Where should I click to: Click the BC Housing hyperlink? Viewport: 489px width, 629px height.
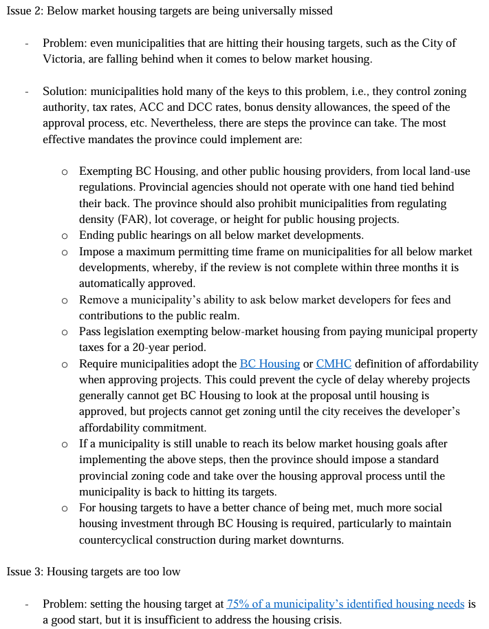point(269,363)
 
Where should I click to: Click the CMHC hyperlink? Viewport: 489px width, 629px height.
point(334,363)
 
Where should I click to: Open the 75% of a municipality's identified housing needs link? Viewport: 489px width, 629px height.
point(345,604)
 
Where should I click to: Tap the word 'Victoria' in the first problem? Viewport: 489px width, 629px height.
point(62,58)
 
